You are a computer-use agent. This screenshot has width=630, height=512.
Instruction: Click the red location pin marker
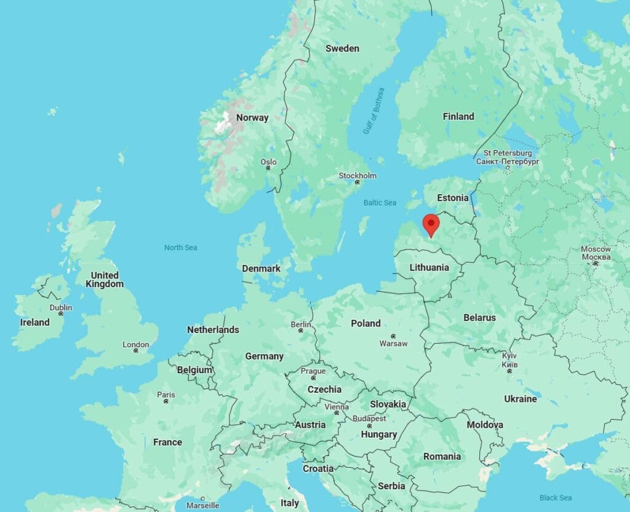point(432,224)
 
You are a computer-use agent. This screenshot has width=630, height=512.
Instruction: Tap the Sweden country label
point(342,49)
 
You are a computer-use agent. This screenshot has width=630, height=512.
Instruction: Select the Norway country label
point(252,117)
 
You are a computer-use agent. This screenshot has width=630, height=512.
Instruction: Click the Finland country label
point(458,116)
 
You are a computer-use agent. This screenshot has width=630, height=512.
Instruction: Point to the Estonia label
point(453,198)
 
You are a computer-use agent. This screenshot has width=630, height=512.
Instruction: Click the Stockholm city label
point(357,176)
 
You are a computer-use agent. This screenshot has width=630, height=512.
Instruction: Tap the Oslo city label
point(268,162)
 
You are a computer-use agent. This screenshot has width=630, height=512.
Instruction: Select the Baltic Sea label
point(380,203)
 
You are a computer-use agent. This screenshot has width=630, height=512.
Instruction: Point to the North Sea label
point(180,248)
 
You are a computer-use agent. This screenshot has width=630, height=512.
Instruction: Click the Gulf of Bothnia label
point(373,111)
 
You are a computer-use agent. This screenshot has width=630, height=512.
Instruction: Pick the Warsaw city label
point(393,344)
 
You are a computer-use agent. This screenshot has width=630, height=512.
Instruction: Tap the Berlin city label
point(301,325)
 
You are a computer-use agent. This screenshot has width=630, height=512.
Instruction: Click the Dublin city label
point(61,308)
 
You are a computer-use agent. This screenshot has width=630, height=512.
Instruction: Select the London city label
point(135,345)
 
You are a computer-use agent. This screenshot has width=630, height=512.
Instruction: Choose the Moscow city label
point(596,249)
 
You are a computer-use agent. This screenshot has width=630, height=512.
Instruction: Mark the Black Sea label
point(555,498)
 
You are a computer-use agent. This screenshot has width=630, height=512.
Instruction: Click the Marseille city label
point(202,505)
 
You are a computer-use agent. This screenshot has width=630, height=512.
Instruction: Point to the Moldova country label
point(484,425)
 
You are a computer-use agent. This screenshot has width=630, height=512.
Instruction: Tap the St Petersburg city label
point(508,152)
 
